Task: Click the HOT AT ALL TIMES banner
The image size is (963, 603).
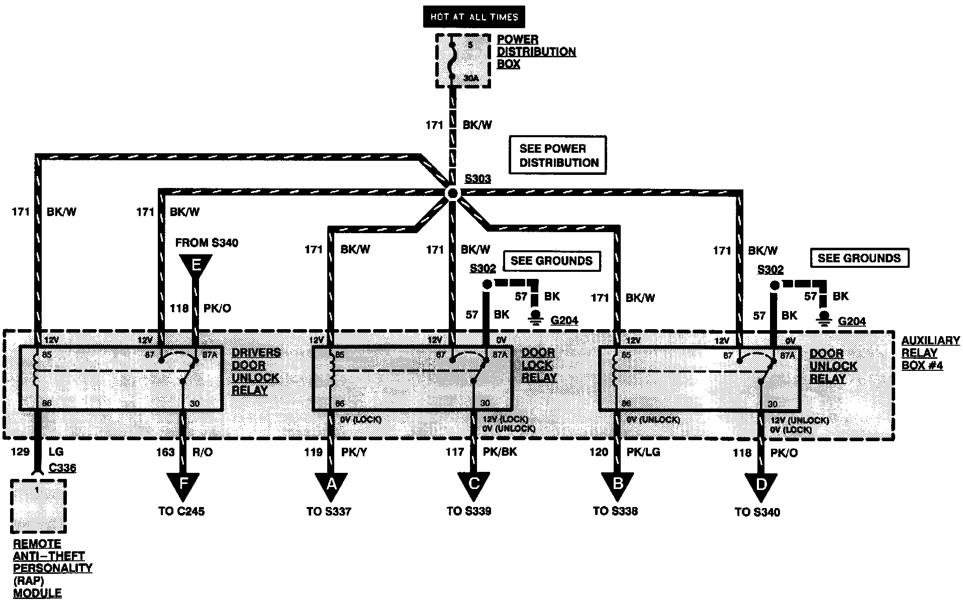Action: tap(473, 17)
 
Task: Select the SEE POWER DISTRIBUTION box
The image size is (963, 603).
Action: tap(558, 155)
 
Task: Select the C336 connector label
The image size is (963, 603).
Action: tap(62, 468)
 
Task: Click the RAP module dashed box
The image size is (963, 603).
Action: tap(39, 506)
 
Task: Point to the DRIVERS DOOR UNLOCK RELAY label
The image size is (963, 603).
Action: tap(255, 372)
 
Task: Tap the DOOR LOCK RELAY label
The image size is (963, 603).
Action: tap(539, 365)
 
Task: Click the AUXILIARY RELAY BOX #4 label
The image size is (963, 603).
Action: tap(930, 353)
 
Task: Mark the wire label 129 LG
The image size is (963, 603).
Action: tap(38, 452)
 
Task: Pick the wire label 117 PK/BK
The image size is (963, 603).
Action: tap(481, 452)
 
